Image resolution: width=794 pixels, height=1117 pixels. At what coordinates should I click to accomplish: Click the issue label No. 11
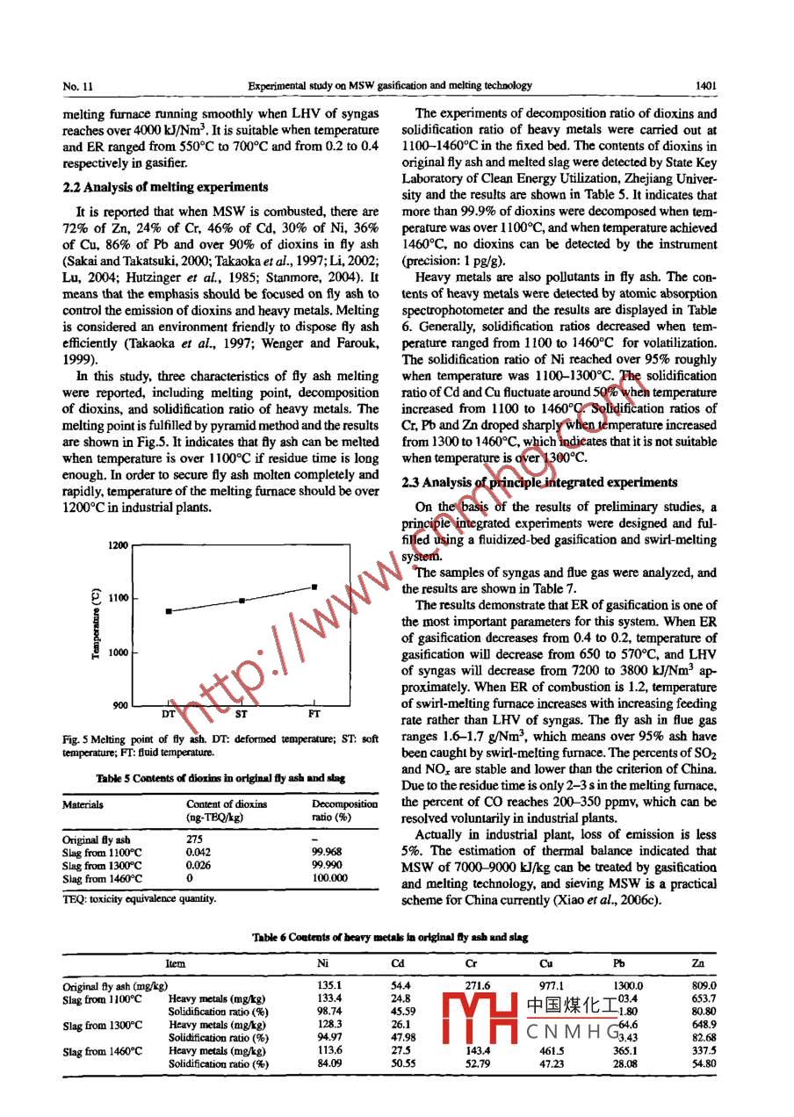pyautogui.click(x=78, y=86)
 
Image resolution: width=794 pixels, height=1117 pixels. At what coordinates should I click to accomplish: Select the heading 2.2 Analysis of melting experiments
pyautogui.click(x=166, y=187)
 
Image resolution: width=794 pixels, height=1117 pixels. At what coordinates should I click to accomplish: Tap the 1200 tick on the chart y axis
pyautogui.click(x=119, y=545)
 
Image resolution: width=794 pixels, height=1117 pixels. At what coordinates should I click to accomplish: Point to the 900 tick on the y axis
pyautogui.click(x=120, y=705)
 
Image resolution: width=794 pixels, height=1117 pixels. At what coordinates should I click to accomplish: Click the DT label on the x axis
pyautogui.click(x=170, y=714)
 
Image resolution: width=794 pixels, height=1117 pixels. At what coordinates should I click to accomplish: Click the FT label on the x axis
pyautogui.click(x=314, y=714)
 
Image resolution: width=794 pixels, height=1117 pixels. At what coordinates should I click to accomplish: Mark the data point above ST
pyautogui.click(x=242, y=601)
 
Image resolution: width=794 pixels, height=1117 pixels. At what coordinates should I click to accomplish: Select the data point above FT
pyautogui.click(x=314, y=587)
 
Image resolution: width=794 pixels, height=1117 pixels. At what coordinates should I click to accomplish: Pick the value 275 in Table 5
pyautogui.click(x=196, y=839)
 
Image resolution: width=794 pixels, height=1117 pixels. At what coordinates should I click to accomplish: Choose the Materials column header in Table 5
pyautogui.click(x=83, y=804)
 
